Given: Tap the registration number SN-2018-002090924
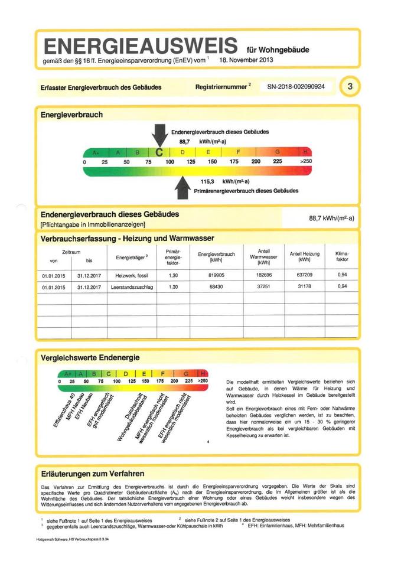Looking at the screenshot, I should (x=299, y=87).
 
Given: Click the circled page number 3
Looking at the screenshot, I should (x=350, y=87).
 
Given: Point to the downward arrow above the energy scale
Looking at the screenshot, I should (x=159, y=135).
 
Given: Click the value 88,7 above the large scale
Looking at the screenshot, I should (x=184, y=142).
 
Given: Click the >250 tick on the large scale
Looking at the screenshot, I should (x=306, y=161).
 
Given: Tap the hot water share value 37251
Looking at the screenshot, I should (x=263, y=287).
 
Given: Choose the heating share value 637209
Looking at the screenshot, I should (x=304, y=275).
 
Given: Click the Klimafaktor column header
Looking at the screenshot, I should (x=342, y=256).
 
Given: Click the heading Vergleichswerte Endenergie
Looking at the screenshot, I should (x=89, y=357).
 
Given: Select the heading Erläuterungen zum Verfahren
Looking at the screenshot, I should (x=92, y=473).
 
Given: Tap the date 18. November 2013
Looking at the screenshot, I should (x=246, y=60).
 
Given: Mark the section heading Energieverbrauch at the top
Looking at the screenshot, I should (x=71, y=114).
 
